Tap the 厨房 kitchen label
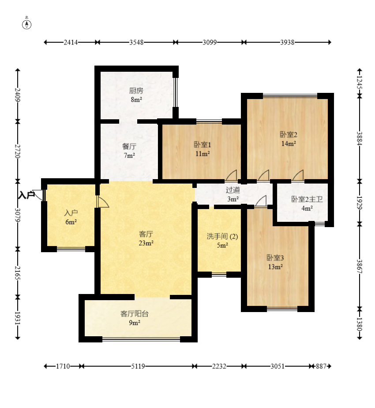pos(136,91)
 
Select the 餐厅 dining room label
pos(129,147)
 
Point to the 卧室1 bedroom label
pos(202,145)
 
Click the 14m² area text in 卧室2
pos(289,143)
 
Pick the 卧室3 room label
pos(275,258)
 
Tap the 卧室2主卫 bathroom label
pos(307,199)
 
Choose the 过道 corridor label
pos(232,190)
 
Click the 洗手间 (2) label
pos(222,236)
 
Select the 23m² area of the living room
pos(146,243)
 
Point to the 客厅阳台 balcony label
pos(134,314)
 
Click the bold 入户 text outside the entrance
pos(26,195)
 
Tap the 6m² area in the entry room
pos(71,222)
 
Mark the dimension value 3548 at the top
pos(136,42)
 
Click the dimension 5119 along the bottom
pos(138,366)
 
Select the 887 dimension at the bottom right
pos(321,366)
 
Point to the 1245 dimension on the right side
pos(360,82)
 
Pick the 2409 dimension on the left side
pos(18,95)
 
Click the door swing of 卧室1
pos(232,175)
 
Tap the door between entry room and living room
pos(102,202)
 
